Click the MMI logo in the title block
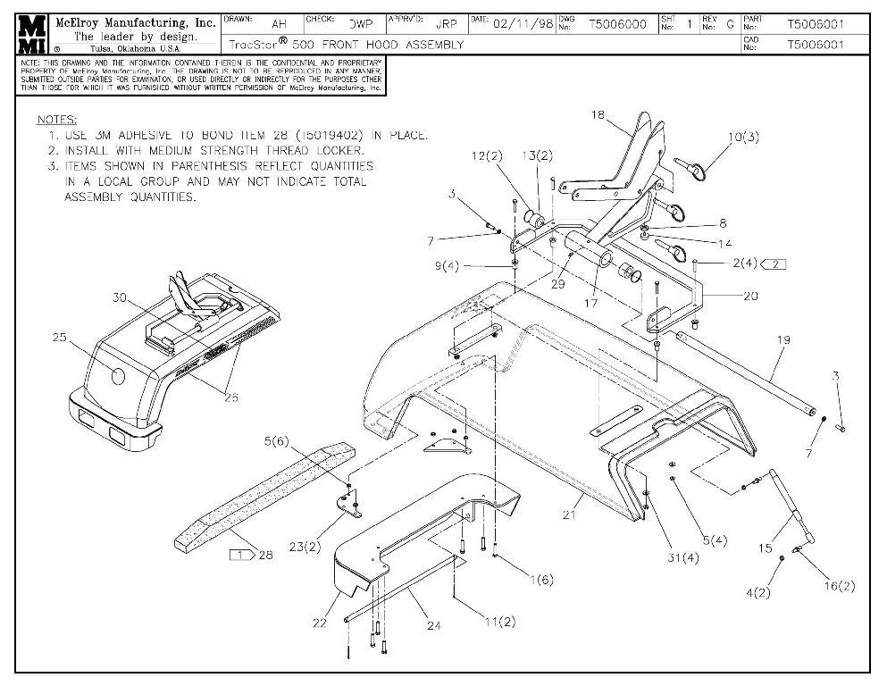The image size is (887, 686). [x=34, y=33]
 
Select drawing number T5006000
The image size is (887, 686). [x=618, y=25]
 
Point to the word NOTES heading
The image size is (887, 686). [x=56, y=120]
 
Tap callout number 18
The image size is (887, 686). [x=598, y=115]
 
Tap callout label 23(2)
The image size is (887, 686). [x=305, y=546]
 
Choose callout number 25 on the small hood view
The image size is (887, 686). [x=59, y=338]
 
